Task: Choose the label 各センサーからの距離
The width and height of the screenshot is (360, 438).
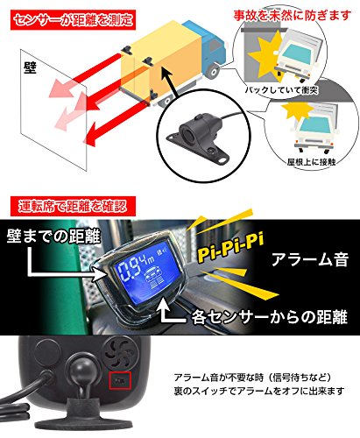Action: tap(281, 308)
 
